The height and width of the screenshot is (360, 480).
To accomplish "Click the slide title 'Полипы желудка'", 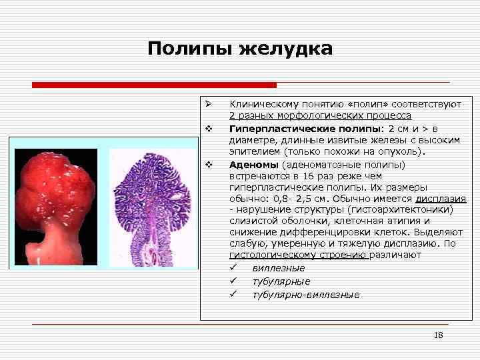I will point(239,49).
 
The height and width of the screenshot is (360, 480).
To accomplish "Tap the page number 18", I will point(438,335).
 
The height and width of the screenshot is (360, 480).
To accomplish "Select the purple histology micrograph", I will point(153,207).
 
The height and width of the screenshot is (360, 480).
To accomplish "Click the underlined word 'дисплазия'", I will point(440,198).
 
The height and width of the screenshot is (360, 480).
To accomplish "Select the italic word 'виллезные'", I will point(278,268).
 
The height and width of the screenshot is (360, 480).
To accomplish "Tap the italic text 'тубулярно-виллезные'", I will point(305,295).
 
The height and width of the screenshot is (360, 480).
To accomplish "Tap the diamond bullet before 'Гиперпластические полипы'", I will point(209,127).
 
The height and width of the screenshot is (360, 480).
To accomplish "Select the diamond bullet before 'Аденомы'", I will point(209,164).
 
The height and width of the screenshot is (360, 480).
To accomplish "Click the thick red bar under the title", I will point(154,85).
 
